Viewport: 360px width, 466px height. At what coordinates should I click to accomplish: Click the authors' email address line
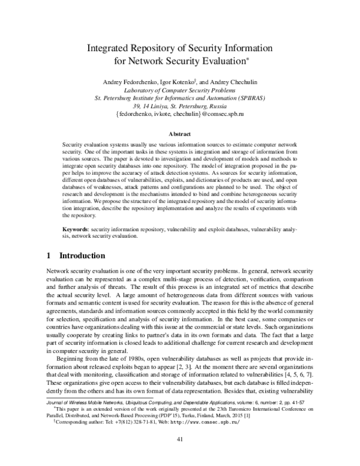pos(180,112)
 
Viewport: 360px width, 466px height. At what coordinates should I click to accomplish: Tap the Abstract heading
pos(179,135)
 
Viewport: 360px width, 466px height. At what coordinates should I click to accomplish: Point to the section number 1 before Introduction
pos(49,255)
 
